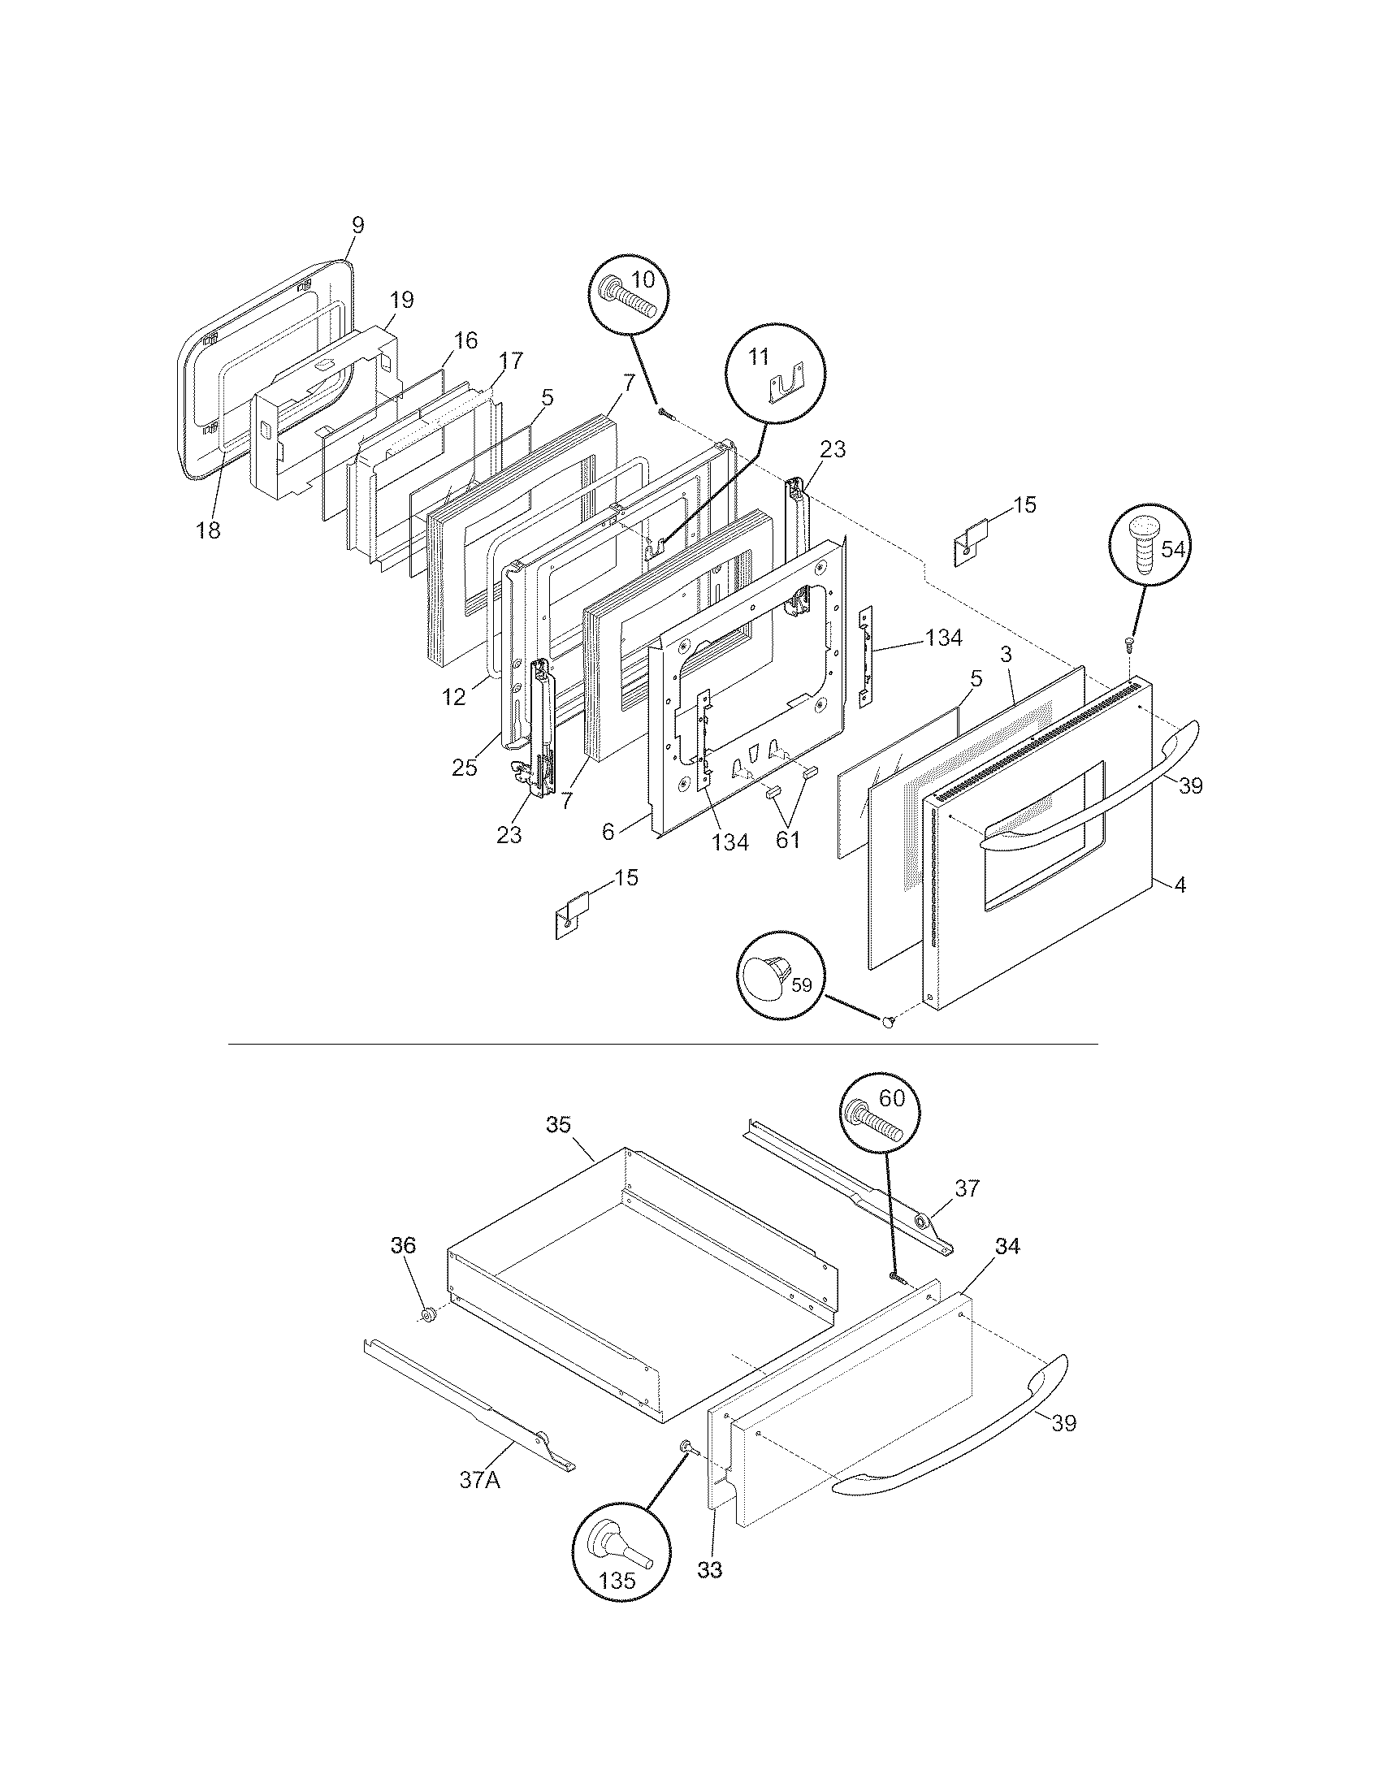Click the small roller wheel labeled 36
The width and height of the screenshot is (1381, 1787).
click(427, 1315)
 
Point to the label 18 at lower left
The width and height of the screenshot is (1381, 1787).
click(209, 530)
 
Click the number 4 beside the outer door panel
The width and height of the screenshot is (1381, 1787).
click(1180, 885)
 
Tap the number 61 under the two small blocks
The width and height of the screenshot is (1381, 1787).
click(787, 840)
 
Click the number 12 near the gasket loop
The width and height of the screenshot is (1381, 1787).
click(454, 697)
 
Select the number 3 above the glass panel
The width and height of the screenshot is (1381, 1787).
click(1006, 655)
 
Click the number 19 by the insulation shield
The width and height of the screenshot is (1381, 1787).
click(400, 301)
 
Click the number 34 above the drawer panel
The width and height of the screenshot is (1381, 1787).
click(1007, 1245)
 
